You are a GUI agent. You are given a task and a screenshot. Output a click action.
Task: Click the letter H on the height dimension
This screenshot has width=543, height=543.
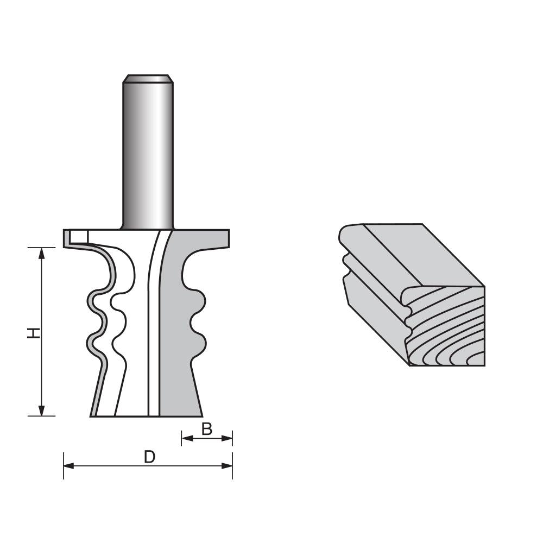(x=34, y=332)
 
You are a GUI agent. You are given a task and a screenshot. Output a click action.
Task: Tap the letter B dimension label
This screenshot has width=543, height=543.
(x=207, y=430)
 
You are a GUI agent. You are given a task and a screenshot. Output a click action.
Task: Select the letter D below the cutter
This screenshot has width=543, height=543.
(x=149, y=457)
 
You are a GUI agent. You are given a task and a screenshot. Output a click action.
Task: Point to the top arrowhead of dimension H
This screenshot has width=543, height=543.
(x=42, y=251)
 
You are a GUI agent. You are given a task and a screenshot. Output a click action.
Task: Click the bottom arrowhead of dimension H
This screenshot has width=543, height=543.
(x=42, y=412)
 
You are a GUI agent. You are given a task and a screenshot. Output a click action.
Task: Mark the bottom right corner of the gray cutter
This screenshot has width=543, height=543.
(x=201, y=415)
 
